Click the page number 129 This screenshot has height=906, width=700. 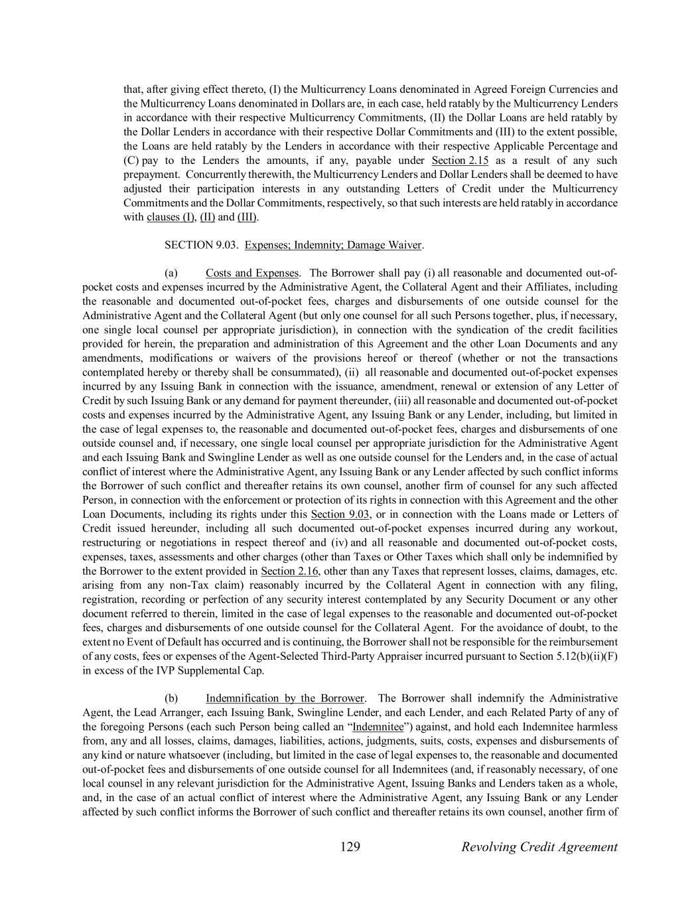click(350, 846)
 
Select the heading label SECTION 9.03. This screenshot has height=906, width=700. click(202, 245)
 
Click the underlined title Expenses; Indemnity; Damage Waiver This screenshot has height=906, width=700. click(333, 245)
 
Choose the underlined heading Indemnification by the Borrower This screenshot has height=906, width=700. click(285, 698)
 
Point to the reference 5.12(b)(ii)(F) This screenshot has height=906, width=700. click(586, 656)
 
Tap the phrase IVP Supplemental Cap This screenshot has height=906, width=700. click(213, 670)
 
